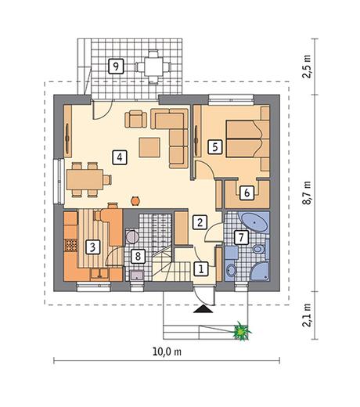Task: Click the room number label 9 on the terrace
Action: point(116,66)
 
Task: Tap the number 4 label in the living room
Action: point(120,157)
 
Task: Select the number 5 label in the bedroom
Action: point(215,146)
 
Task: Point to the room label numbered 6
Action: point(247,193)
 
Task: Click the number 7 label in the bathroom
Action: point(241,237)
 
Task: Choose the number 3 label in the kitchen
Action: point(92,247)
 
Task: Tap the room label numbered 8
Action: point(138,256)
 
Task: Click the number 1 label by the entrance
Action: point(201,268)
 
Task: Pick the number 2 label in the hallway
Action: point(200,222)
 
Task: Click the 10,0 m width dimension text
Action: point(167,351)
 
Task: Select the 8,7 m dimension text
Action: point(307,193)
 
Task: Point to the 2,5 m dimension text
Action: point(307,67)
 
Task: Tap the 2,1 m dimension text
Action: point(307,315)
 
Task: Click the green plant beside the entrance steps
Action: point(242,331)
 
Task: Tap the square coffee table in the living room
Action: point(149,147)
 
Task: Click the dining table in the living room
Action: point(85,179)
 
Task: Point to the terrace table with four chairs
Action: point(153,67)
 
